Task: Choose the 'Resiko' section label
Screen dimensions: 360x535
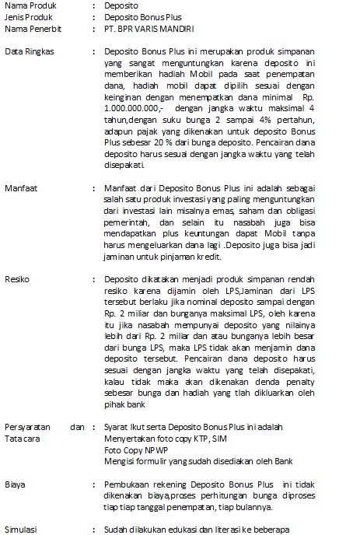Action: tap(17, 278)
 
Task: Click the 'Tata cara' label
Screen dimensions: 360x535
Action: tap(23, 439)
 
